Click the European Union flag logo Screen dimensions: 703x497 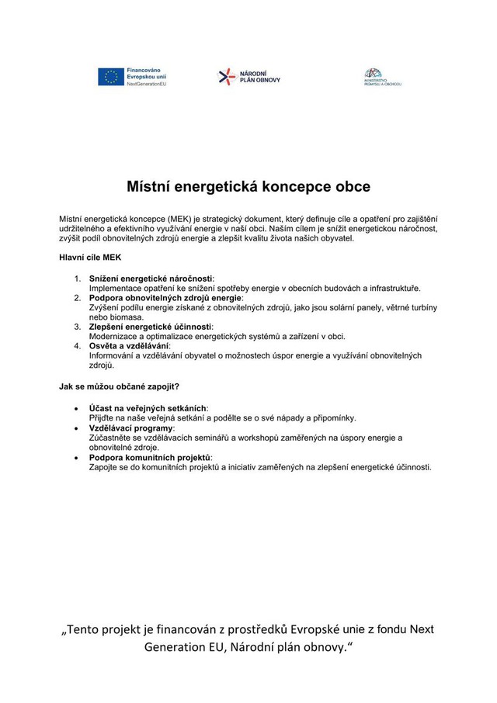pyautogui.click(x=110, y=77)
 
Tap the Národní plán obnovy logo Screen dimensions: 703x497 pyautogui.click(x=248, y=77)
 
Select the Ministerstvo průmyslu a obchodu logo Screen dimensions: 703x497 pyautogui.click(x=382, y=77)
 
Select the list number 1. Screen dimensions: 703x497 pyautogui.click(x=78, y=278)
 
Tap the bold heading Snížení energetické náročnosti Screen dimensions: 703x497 pyautogui.click(x=151, y=278)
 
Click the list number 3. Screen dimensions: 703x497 pyautogui.click(x=78, y=327)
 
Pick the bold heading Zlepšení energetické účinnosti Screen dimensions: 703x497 pyautogui.click(x=150, y=327)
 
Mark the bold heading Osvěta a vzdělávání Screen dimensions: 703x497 pyautogui.click(x=129, y=346)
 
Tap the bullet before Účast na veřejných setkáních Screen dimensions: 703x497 pyautogui.click(x=75, y=408)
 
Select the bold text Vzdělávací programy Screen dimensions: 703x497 pyautogui.click(x=131, y=428)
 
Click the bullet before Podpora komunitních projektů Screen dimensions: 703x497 pyautogui.click(x=75, y=457)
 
